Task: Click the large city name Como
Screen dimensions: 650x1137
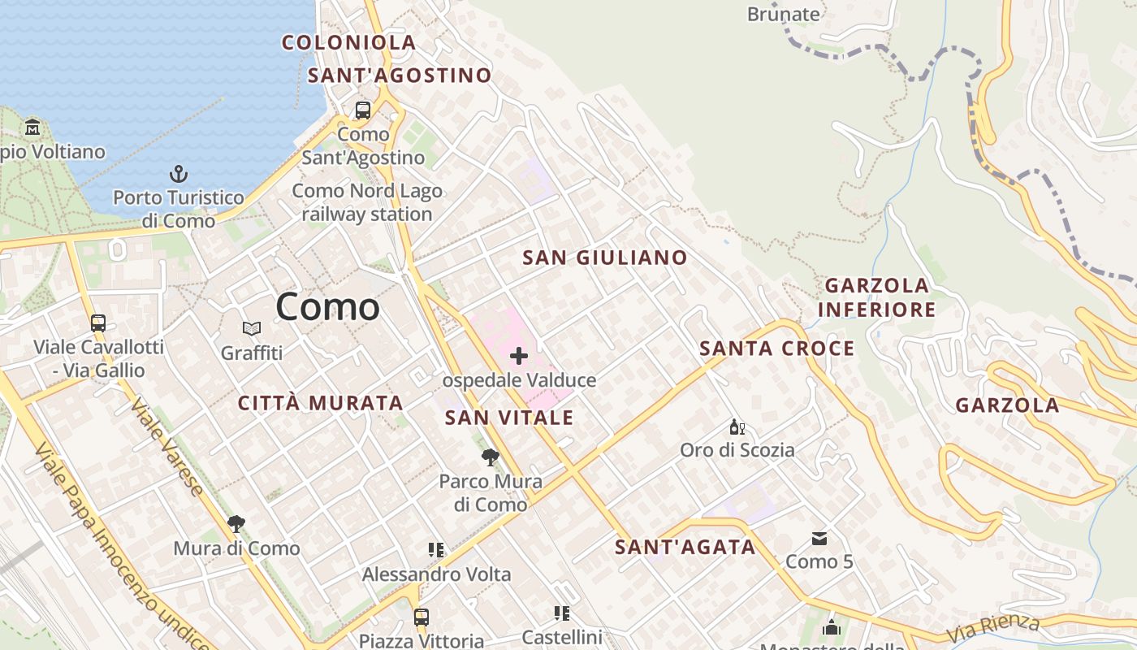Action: point(327,307)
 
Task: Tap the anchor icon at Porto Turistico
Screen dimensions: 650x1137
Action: point(178,173)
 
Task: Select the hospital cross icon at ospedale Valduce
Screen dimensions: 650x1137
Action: point(519,356)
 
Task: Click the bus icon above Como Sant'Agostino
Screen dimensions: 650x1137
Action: point(363,110)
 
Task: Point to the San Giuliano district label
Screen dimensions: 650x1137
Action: point(605,258)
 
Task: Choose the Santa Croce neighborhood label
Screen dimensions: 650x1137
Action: point(777,349)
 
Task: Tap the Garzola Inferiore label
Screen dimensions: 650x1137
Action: point(877,297)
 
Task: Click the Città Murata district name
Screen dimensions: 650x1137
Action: point(321,403)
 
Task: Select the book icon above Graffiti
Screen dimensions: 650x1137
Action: point(252,329)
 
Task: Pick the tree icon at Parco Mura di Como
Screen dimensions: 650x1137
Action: point(489,457)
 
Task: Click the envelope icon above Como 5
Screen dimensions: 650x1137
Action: point(819,538)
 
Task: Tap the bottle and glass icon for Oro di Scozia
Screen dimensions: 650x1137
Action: point(737,427)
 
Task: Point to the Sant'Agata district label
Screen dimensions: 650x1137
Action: point(685,547)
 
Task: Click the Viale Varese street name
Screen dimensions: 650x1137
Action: point(167,448)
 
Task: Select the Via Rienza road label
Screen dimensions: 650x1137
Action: point(993,628)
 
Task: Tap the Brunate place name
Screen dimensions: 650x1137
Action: point(783,14)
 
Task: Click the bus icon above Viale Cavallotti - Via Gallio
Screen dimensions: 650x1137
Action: point(98,323)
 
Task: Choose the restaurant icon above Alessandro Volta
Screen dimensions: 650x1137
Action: point(436,550)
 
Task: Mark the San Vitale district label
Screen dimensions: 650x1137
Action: point(509,418)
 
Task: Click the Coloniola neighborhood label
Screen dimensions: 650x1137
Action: point(349,42)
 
